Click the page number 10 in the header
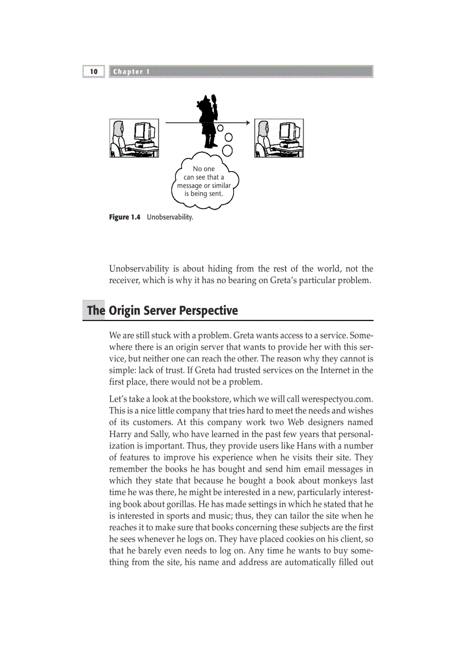click(93, 72)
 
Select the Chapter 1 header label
click(132, 72)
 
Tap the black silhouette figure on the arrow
click(207, 121)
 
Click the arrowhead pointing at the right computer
click(247, 122)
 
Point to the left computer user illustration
click(134, 138)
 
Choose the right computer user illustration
click(279, 138)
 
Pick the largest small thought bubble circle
click(228, 150)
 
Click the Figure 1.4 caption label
click(125, 217)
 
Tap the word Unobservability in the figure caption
click(170, 217)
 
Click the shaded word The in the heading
click(95, 311)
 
